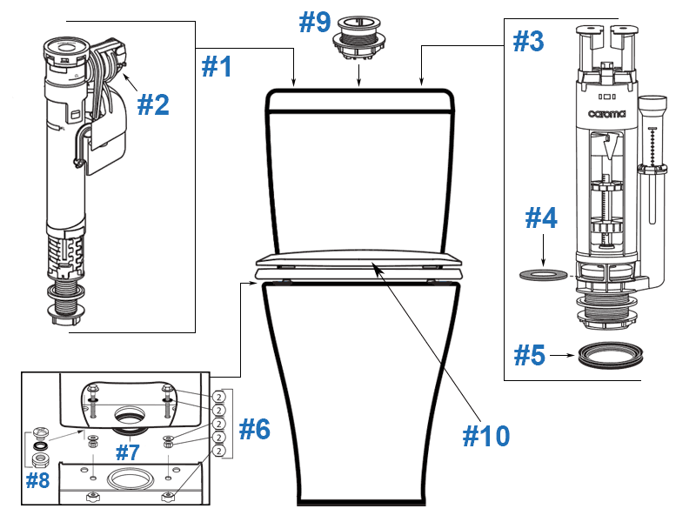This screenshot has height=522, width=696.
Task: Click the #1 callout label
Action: (x=217, y=66)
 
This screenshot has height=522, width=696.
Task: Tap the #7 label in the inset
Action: (x=129, y=452)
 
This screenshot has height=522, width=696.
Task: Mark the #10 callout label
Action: (x=485, y=435)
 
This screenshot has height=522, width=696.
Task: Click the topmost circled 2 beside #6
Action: (x=220, y=396)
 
